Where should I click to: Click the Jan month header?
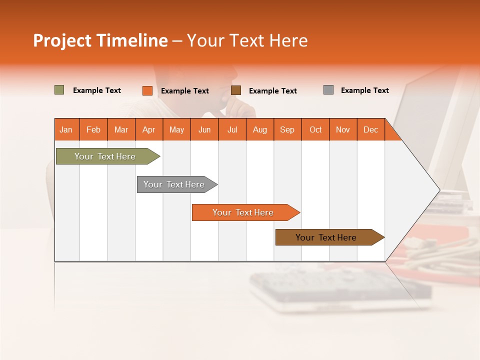(66, 129)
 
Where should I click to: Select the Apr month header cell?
(149, 129)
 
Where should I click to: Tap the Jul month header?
(232, 129)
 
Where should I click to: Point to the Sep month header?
(287, 129)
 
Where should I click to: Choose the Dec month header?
(370, 129)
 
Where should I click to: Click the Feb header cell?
(93, 129)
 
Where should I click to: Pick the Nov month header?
(343, 129)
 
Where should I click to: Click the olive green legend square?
(59, 90)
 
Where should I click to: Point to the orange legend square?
(147, 90)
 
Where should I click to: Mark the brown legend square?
(236, 90)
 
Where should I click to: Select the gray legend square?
(328, 90)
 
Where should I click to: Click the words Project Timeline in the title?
(100, 40)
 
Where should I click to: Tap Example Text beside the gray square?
(364, 90)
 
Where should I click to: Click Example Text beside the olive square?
(97, 90)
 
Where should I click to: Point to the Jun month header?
(204, 129)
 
